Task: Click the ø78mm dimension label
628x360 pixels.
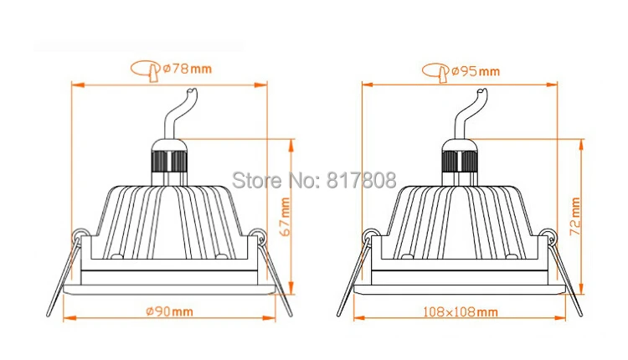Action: (187, 69)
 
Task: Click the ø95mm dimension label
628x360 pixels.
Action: (476, 71)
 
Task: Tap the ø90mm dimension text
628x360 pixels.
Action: (169, 311)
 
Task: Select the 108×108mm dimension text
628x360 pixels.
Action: (461, 311)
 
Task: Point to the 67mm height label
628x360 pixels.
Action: (285, 217)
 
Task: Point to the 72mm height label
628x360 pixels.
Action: (575, 216)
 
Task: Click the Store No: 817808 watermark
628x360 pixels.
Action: (314, 180)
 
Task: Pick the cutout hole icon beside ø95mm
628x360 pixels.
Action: (435, 73)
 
